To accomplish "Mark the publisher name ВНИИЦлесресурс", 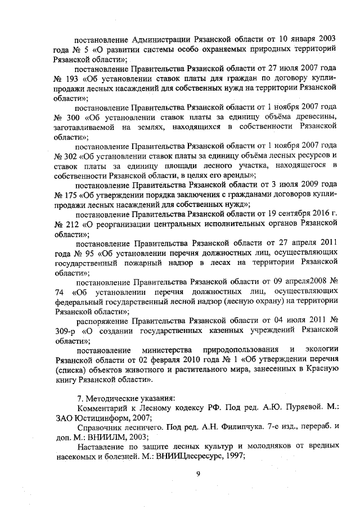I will pyautogui.click(x=191, y=457).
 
